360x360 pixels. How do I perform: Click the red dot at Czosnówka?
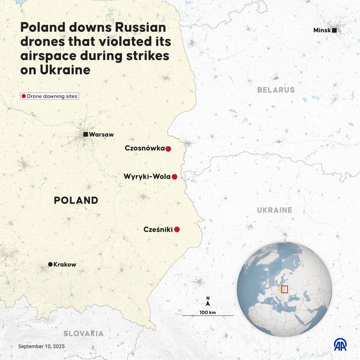tap(168, 149)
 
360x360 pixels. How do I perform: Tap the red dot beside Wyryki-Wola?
tap(174, 177)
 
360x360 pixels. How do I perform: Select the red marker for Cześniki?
tap(177, 229)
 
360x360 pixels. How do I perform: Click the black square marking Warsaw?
tap(86, 134)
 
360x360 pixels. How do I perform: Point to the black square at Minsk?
tap(334, 30)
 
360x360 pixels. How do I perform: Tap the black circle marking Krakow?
tap(50, 264)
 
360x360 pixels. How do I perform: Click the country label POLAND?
tap(76, 200)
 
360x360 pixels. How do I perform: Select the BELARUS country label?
tap(276, 90)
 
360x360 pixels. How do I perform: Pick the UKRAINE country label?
tap(274, 210)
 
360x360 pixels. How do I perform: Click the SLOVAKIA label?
tap(83, 333)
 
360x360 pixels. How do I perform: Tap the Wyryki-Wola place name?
tap(147, 177)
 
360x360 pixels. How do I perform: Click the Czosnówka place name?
tap(145, 148)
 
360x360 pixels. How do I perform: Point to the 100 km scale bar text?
tap(208, 312)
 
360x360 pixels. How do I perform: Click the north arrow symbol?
tap(208, 303)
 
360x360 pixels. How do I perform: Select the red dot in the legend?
tap(24, 96)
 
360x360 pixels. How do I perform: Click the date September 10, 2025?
tap(41, 346)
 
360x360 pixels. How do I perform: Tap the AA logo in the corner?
tap(340, 344)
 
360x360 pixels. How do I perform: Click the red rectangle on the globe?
tap(284, 289)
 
